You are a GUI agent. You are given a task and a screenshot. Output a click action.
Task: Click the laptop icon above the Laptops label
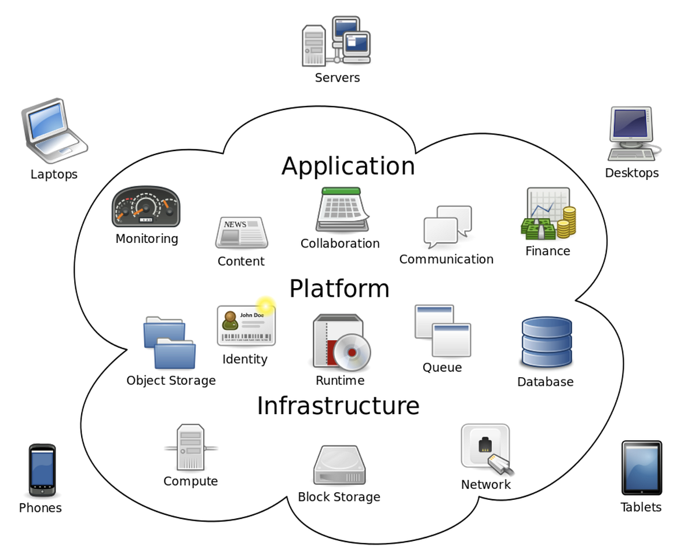tap(53, 128)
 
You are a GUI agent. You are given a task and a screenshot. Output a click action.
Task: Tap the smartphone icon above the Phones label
tap(42, 470)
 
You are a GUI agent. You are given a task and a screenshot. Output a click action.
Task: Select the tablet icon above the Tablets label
tap(641, 468)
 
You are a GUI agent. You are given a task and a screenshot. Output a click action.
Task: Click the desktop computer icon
tap(632, 133)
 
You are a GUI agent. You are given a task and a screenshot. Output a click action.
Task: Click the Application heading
tap(348, 166)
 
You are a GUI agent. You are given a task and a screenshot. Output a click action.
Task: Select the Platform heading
tap(339, 289)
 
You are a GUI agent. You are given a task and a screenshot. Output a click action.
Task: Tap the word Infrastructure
tap(338, 405)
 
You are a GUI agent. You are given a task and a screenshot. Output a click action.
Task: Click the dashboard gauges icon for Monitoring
tap(146, 207)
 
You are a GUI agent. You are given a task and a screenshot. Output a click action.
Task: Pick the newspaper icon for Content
tap(242, 233)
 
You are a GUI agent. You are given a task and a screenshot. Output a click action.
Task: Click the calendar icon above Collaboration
tap(342, 209)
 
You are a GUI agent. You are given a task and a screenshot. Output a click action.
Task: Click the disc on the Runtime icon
tap(352, 352)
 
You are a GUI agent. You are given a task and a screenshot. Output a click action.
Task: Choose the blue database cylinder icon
tap(546, 342)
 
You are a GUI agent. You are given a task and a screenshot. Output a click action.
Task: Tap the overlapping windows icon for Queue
tap(442, 330)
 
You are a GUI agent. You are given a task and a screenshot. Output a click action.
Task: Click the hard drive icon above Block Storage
tap(339, 465)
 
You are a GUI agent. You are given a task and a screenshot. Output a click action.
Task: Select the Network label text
tap(485, 485)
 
